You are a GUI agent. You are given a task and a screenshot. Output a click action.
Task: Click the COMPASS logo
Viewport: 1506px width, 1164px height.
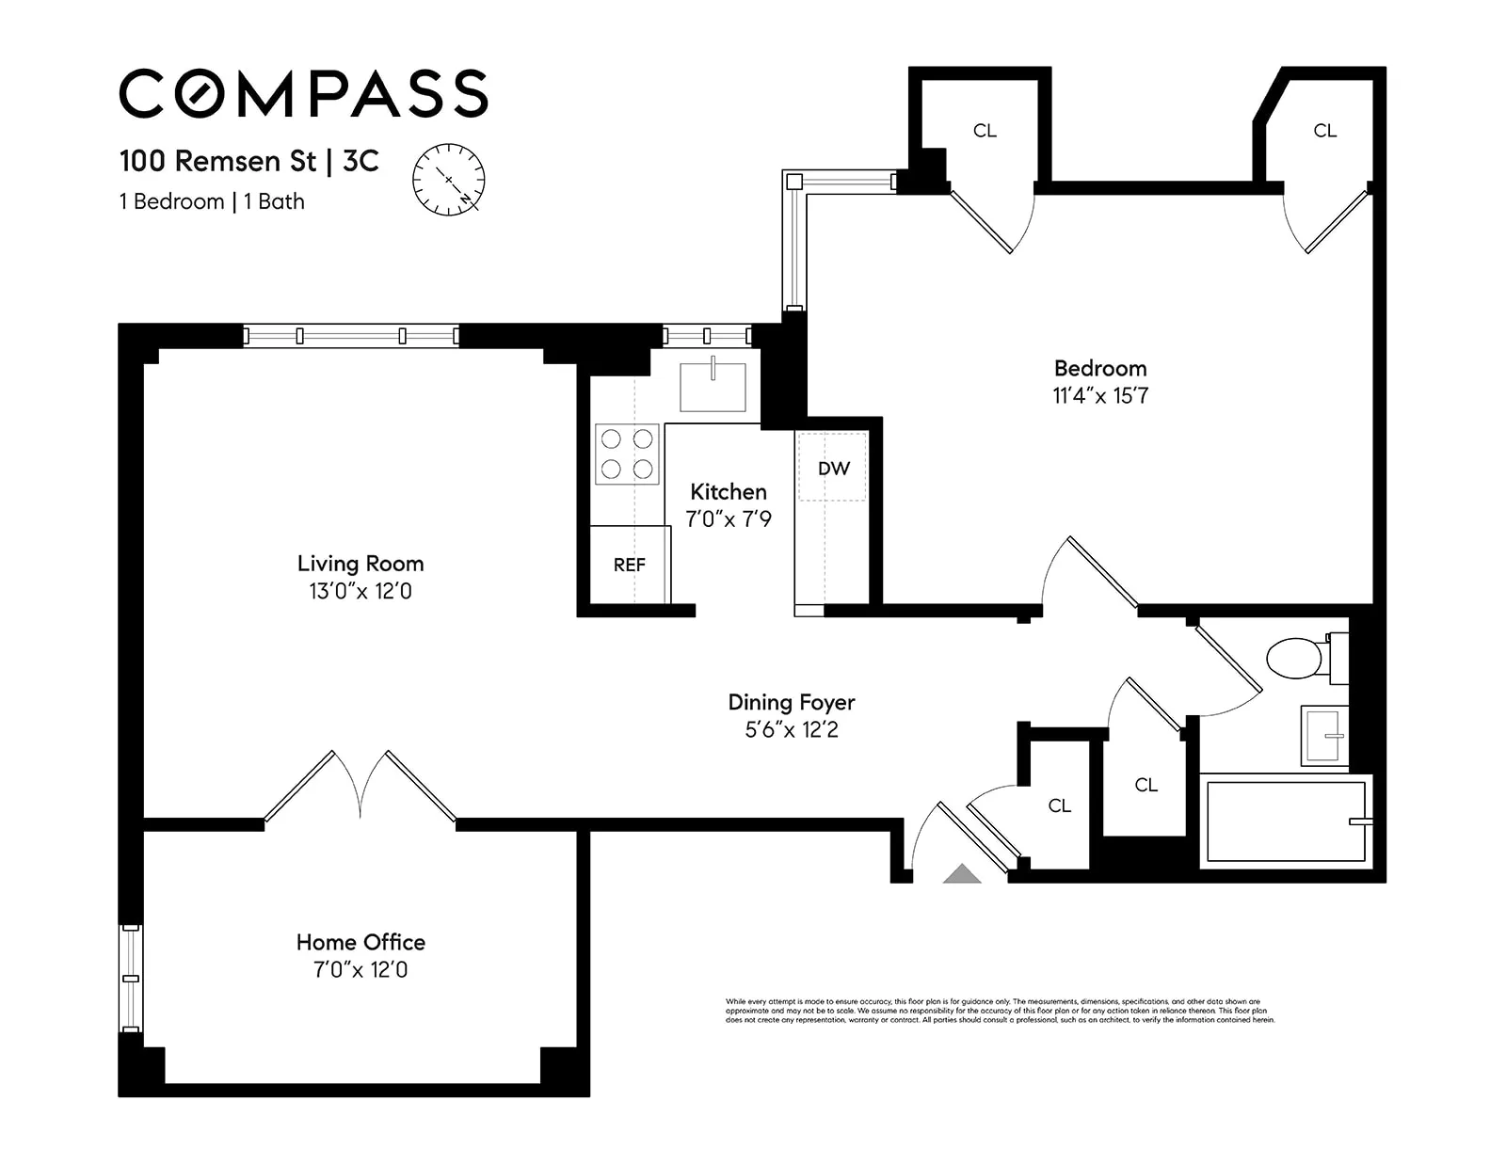point(303,93)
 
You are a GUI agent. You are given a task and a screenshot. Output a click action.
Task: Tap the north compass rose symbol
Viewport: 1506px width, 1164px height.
point(449,180)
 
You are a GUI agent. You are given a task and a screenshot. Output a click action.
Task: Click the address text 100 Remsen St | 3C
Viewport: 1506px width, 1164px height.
point(248,161)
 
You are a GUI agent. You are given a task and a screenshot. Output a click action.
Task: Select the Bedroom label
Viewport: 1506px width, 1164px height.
point(1100,368)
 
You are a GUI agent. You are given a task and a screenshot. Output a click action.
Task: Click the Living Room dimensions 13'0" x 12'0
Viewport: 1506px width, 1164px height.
point(360,591)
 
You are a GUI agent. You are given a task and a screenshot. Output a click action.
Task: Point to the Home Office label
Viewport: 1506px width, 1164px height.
point(360,942)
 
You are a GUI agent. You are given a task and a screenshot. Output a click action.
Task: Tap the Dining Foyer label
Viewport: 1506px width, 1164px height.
point(792,702)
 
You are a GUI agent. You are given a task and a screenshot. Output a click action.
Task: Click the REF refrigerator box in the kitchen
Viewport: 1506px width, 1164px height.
point(630,565)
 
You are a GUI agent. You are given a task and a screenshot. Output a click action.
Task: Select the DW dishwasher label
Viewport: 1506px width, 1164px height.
point(833,468)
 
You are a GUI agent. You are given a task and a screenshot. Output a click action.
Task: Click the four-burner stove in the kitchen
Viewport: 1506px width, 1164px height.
point(627,454)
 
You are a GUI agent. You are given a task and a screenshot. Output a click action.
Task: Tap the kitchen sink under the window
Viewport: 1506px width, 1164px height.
point(713,387)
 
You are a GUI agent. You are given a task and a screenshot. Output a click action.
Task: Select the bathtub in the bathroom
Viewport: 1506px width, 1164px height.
point(1285,821)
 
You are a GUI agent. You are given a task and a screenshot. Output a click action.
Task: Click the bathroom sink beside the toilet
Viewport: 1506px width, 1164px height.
point(1324,735)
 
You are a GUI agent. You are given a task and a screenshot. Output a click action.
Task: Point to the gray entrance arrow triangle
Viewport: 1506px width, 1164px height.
point(962,873)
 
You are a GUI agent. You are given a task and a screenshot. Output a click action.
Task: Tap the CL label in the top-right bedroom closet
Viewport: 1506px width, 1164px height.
point(1324,131)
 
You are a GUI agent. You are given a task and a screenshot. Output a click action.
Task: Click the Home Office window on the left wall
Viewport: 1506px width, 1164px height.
point(131,978)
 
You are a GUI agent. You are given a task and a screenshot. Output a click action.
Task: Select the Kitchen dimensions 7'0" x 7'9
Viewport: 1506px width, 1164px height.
point(729,518)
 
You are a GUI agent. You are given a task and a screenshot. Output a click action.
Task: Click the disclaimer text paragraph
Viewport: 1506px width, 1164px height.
point(1000,1011)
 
